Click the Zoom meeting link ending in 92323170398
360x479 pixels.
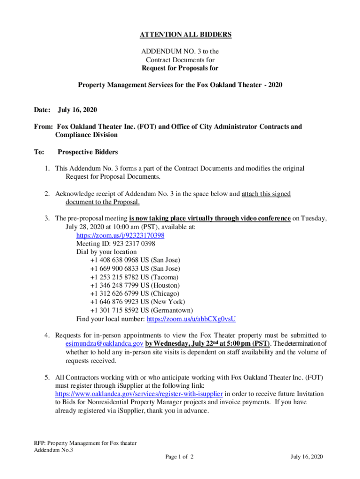pyautogui.click(x=120, y=235)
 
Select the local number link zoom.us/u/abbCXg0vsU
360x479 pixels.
pyautogui.click(x=191, y=319)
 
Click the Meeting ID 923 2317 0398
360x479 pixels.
pyautogui.click(x=115, y=244)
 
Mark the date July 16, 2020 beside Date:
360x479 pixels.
pyautogui.click(x=77, y=110)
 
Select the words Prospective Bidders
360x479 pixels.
pyautogui.click(x=87, y=152)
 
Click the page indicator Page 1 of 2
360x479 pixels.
pyautogui.click(x=180, y=457)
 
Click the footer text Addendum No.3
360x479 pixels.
pyautogui.click(x=54, y=450)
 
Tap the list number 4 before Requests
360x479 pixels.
pyautogui.click(x=47, y=335)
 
